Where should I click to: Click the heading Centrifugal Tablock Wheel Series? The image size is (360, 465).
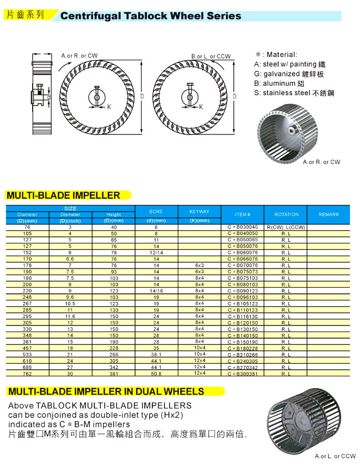pyautogui.click(x=151, y=16)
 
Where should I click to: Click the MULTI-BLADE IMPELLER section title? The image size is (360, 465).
pyautogui.click(x=63, y=195)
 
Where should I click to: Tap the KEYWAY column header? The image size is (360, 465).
pyautogui.click(x=199, y=212)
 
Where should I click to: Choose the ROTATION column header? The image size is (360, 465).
pyautogui.click(x=286, y=214)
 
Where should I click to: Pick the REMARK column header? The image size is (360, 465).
pyautogui.click(x=329, y=214)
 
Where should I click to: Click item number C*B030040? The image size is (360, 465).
pyautogui.click(x=243, y=228)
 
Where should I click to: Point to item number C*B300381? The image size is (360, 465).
pyautogui.click(x=243, y=374)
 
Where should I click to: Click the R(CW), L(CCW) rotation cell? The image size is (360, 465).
pyautogui.click(x=286, y=228)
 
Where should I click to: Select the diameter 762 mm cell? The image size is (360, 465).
pyautogui.click(x=27, y=374)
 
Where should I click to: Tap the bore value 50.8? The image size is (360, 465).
pyautogui.click(x=156, y=374)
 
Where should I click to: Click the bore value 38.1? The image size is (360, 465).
pyautogui.click(x=156, y=354)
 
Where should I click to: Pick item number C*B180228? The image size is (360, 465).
pyautogui.click(x=243, y=348)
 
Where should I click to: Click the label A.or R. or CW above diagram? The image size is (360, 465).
pyautogui.click(x=79, y=56)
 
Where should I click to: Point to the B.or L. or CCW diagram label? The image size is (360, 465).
pyautogui.click(x=211, y=56)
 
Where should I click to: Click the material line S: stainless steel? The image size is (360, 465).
pyautogui.click(x=294, y=93)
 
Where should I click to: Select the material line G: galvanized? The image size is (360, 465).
pyautogui.click(x=289, y=74)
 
